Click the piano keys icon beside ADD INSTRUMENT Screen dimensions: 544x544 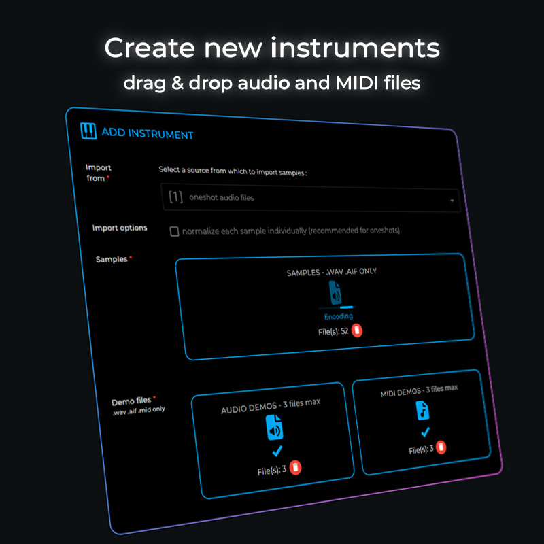tap(88, 131)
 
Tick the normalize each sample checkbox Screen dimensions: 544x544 tap(174, 231)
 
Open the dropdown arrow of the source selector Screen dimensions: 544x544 tap(452, 201)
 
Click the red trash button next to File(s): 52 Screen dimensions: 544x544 tap(356, 330)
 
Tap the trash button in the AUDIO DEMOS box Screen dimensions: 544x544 tap(295, 467)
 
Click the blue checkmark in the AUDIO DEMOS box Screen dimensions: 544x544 tap(277, 451)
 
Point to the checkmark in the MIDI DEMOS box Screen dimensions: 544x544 tap(425, 432)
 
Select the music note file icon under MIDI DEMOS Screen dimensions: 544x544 tap(422, 410)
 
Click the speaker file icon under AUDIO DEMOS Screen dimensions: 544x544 tap(274, 428)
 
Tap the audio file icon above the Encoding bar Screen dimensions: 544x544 tap(335, 293)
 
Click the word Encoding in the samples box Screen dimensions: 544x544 tap(339, 316)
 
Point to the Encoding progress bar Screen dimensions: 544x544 tap(337, 307)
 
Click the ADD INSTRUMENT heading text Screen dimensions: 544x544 tap(148, 133)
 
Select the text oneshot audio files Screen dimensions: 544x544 tap(222, 197)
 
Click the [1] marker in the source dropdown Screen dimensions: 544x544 tap(175, 197)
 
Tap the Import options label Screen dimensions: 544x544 tap(120, 228)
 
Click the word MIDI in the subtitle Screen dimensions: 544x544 tap(357, 83)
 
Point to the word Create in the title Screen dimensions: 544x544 tap(149, 48)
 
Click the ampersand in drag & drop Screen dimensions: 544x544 tap(177, 83)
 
